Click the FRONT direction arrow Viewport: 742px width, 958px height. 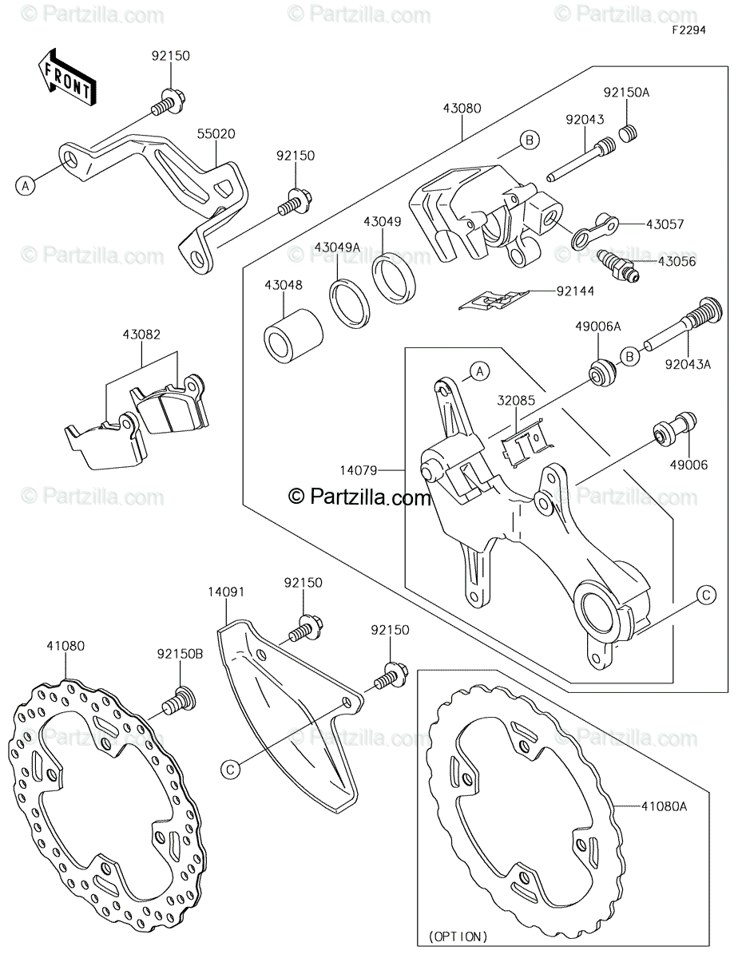pyautogui.click(x=67, y=78)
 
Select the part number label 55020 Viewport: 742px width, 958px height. pyautogui.click(x=216, y=134)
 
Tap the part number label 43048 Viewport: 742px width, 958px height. pyautogui.click(x=284, y=285)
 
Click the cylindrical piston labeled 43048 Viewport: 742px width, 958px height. pyautogui.click(x=293, y=336)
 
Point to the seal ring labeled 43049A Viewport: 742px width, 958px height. pyautogui.click(x=350, y=303)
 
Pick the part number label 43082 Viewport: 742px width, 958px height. pyautogui.click(x=141, y=335)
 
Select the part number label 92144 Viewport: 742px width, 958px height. pyautogui.click(x=575, y=291)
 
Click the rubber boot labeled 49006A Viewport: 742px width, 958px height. pyautogui.click(x=601, y=374)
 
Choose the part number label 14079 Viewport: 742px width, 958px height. pyautogui.click(x=359, y=471)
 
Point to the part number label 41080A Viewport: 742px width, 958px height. pyautogui.click(x=664, y=806)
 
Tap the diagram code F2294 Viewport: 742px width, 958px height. pyautogui.click(x=688, y=30)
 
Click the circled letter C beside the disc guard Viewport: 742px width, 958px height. pyautogui.click(x=230, y=770)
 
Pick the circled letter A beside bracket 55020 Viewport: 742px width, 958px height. pyautogui.click(x=26, y=185)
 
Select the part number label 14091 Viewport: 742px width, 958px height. pyautogui.click(x=226, y=592)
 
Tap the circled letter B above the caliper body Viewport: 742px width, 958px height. pyautogui.click(x=530, y=141)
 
